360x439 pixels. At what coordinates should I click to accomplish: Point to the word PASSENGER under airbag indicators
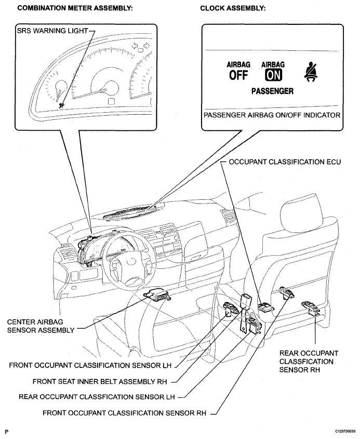click(273, 91)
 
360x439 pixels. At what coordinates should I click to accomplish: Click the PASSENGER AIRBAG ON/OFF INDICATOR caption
click(272, 115)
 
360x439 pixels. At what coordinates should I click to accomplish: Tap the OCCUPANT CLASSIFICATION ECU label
click(284, 162)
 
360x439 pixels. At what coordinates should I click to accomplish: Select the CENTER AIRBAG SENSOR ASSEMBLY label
click(40, 326)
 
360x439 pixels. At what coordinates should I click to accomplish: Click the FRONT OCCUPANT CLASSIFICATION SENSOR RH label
click(125, 413)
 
